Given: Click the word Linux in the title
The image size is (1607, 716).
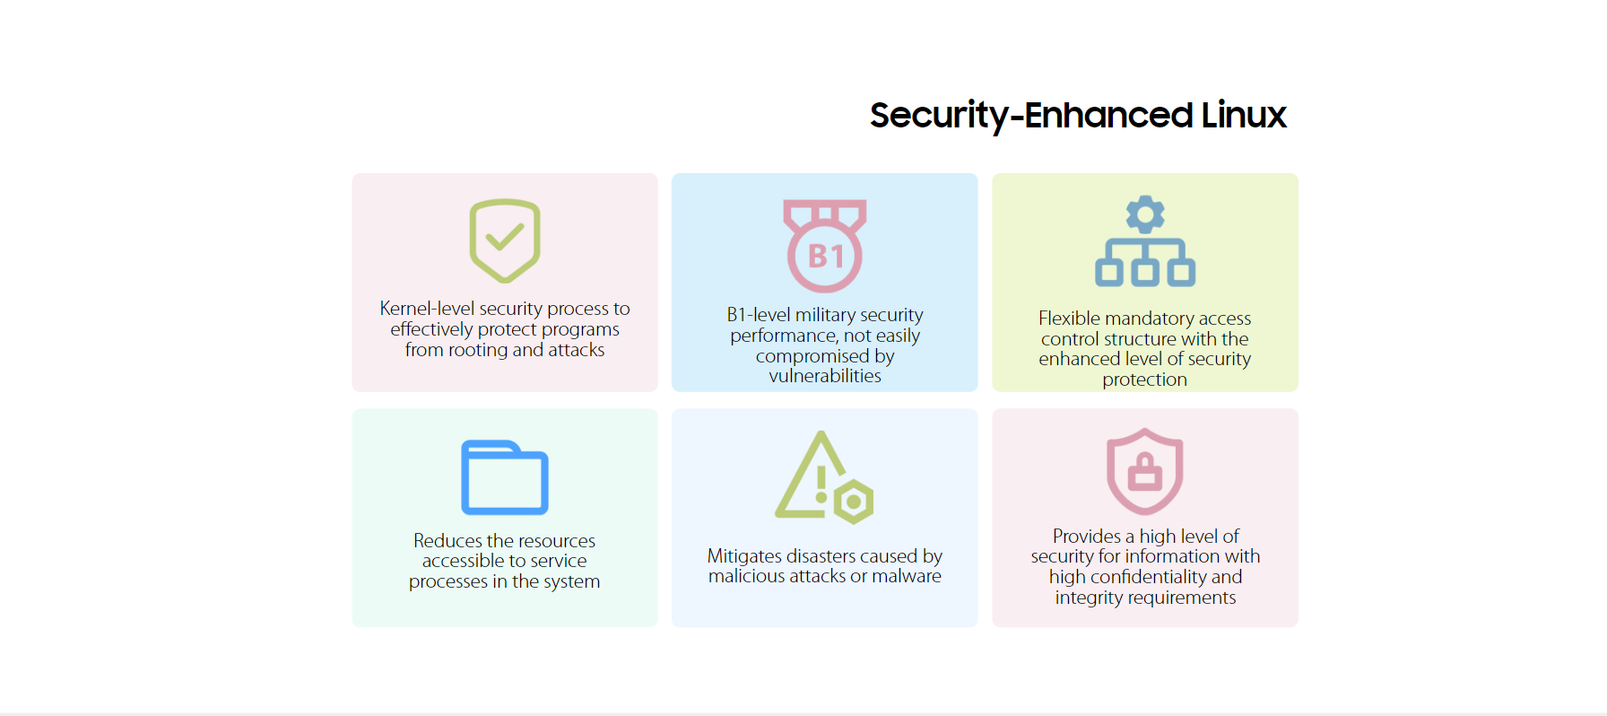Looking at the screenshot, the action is [x=1244, y=115].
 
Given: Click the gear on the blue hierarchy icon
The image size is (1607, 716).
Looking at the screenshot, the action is [x=1145, y=214].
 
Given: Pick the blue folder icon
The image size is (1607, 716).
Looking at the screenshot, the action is [x=505, y=477].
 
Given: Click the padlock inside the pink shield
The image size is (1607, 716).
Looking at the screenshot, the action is [x=1145, y=470].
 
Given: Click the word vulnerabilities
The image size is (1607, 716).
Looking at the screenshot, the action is [x=825, y=376].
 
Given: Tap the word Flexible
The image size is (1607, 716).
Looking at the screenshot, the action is [x=1069, y=319].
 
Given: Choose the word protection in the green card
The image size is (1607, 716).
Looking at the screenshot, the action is [x=1145, y=380].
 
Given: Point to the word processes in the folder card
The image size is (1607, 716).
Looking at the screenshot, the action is [x=448, y=582].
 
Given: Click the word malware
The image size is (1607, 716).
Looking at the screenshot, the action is [x=907, y=576].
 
